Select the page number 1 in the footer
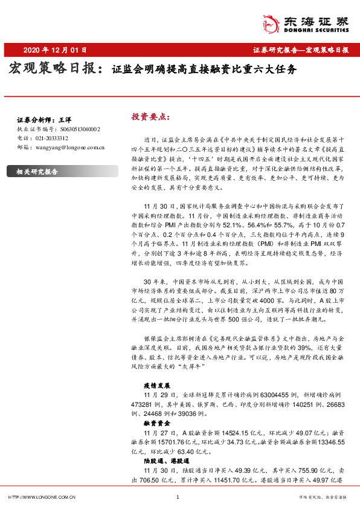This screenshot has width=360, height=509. pos(177,497)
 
